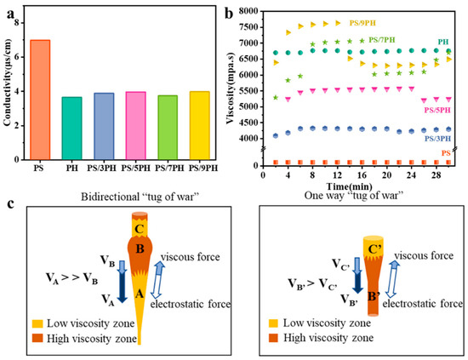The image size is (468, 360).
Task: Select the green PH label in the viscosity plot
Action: pos(442,40)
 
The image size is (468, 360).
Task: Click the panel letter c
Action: pos(8,203)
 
